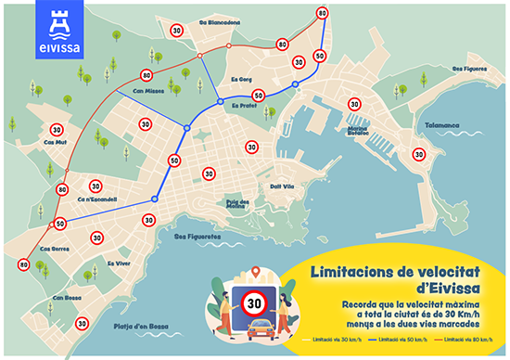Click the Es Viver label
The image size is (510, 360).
[119, 264]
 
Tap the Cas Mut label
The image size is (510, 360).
[56, 142]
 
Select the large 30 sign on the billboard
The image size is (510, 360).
[252, 302]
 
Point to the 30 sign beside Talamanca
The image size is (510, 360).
[419, 154]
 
